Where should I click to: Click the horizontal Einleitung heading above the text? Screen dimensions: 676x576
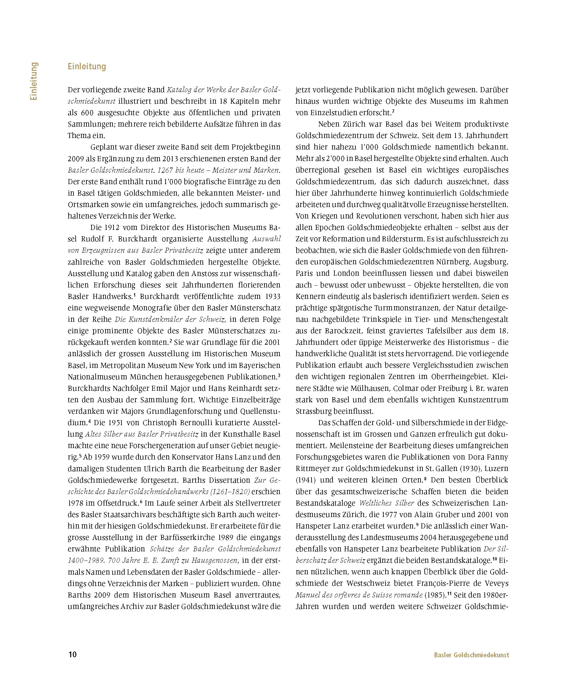[x=87, y=66]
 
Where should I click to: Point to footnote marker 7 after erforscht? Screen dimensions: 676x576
[x=393, y=111]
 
